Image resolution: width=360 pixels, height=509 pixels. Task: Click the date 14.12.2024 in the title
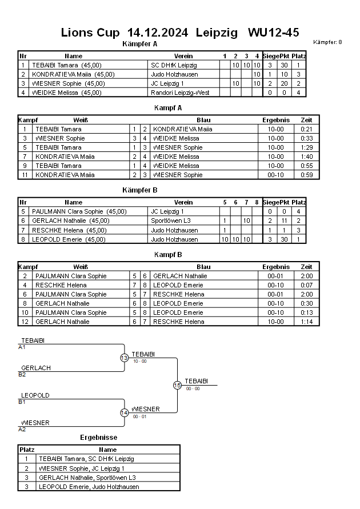[x=158, y=33]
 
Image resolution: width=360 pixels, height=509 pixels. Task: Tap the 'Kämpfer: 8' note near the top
[x=327, y=42]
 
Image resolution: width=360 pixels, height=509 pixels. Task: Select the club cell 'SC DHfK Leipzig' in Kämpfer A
[x=174, y=65]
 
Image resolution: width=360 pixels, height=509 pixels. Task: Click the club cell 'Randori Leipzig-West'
[x=180, y=93]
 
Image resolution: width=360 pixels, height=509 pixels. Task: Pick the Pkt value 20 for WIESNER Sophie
[x=284, y=83]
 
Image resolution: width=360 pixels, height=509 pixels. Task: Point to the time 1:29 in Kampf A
[x=306, y=147]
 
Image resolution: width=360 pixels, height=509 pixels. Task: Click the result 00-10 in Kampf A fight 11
[x=275, y=175]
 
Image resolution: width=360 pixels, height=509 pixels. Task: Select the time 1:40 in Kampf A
[x=306, y=157]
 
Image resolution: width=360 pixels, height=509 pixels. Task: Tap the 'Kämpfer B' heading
[x=140, y=190]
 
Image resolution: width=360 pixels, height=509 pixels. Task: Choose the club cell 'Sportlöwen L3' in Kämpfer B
[x=171, y=221]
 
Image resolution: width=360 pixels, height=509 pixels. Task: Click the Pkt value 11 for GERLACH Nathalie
[x=284, y=221]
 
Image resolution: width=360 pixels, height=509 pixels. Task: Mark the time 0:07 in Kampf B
[x=306, y=285]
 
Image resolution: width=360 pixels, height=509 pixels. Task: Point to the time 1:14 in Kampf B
[x=306, y=322]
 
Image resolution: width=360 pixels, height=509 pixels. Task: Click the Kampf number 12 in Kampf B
[x=25, y=322]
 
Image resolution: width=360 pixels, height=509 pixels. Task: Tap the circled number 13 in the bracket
[x=125, y=358]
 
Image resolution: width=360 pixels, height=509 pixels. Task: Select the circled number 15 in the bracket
[x=177, y=386]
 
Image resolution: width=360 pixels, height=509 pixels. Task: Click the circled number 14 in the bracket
[x=125, y=412]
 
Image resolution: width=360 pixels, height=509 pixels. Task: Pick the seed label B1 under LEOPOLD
[x=22, y=402]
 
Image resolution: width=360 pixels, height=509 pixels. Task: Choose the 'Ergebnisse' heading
[x=99, y=438]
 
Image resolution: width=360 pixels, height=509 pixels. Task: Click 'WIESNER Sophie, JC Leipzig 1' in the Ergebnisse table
[x=82, y=468]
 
